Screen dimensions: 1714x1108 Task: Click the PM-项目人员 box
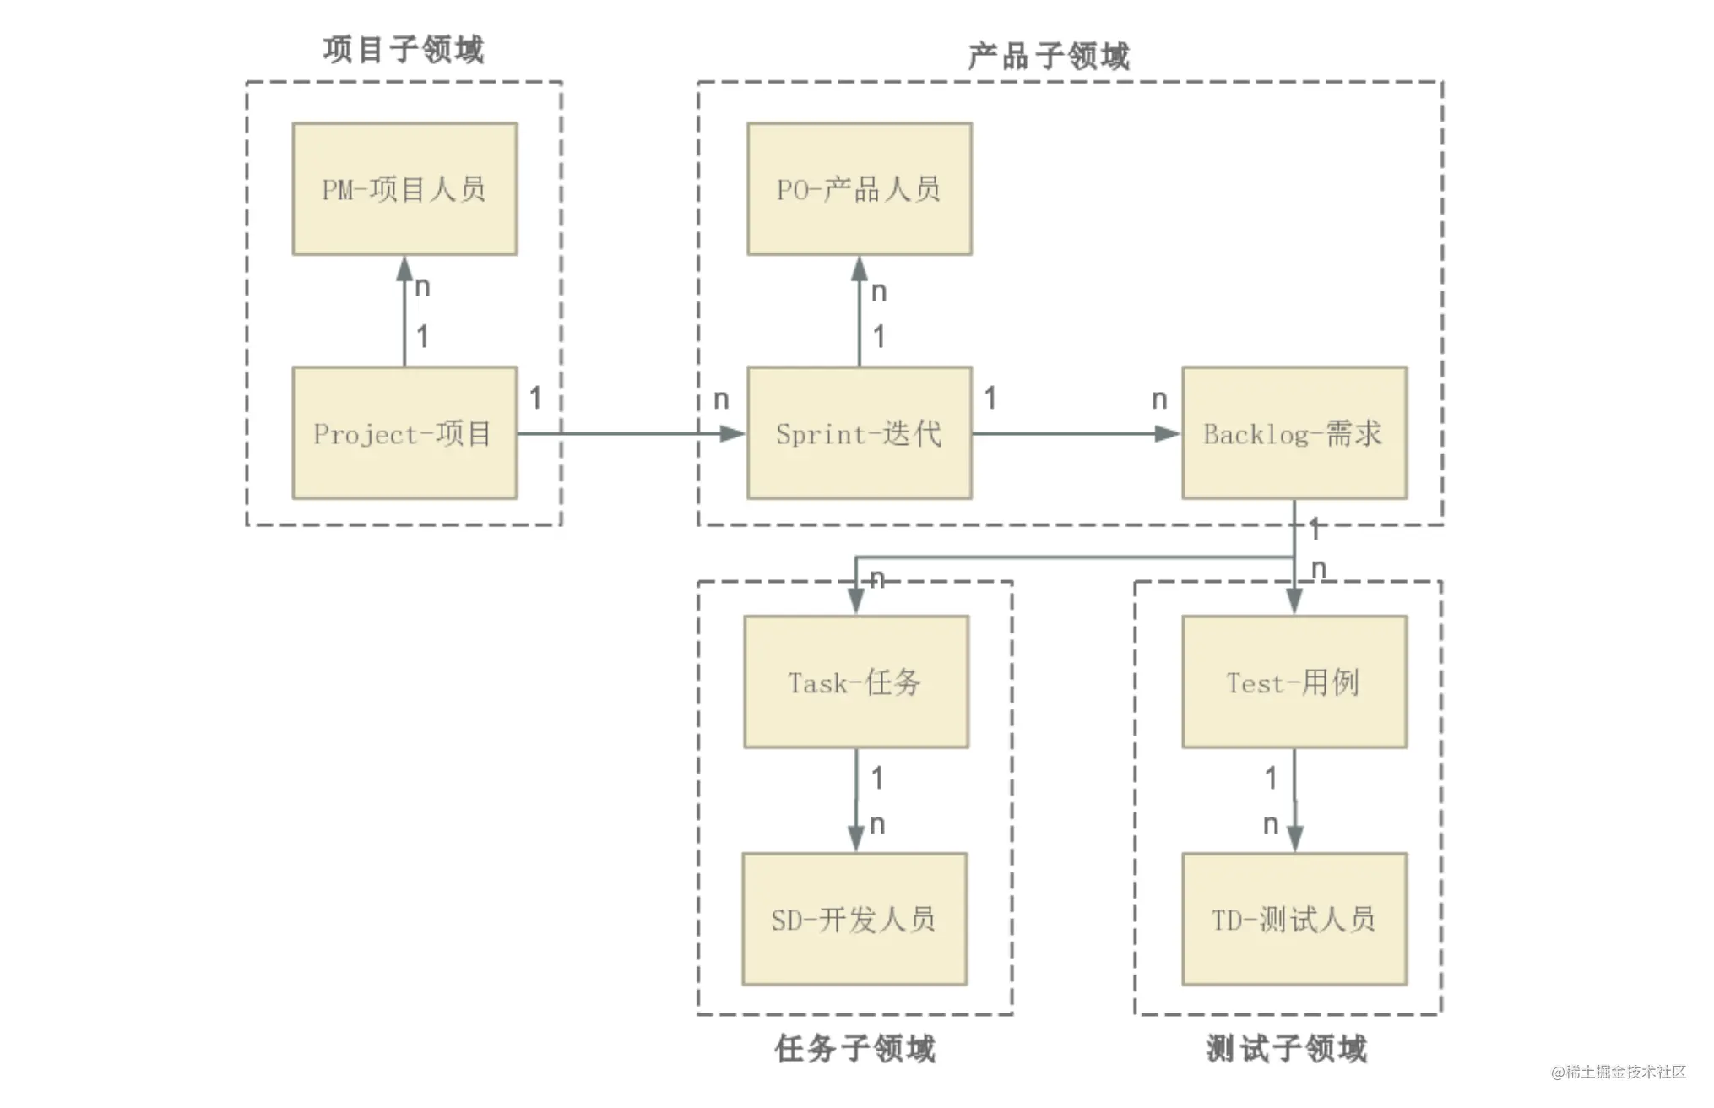click(404, 188)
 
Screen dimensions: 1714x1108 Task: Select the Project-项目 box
click(404, 432)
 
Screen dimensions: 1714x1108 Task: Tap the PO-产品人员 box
click(860, 188)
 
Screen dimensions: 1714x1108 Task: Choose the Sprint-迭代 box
click(860, 432)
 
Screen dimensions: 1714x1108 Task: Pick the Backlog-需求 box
click(1294, 432)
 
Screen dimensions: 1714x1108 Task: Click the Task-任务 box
click(856, 682)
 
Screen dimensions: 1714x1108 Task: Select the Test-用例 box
click(1294, 682)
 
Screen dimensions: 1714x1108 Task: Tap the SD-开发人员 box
click(854, 919)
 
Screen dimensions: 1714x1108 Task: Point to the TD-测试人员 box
click(1294, 919)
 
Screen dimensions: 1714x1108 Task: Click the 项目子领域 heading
click(404, 49)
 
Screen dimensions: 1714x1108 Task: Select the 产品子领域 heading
click(1049, 56)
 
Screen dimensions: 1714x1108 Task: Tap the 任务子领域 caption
click(855, 1048)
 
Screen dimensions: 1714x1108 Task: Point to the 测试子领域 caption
click(1287, 1048)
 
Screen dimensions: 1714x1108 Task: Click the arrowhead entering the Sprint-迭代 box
click(733, 433)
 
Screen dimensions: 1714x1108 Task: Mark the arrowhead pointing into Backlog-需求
click(1168, 433)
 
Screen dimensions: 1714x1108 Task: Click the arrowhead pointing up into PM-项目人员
click(404, 269)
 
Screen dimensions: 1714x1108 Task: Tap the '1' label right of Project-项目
click(535, 398)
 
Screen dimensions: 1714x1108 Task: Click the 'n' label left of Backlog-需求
click(1159, 399)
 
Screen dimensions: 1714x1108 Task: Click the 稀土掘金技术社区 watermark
click(1619, 1072)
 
